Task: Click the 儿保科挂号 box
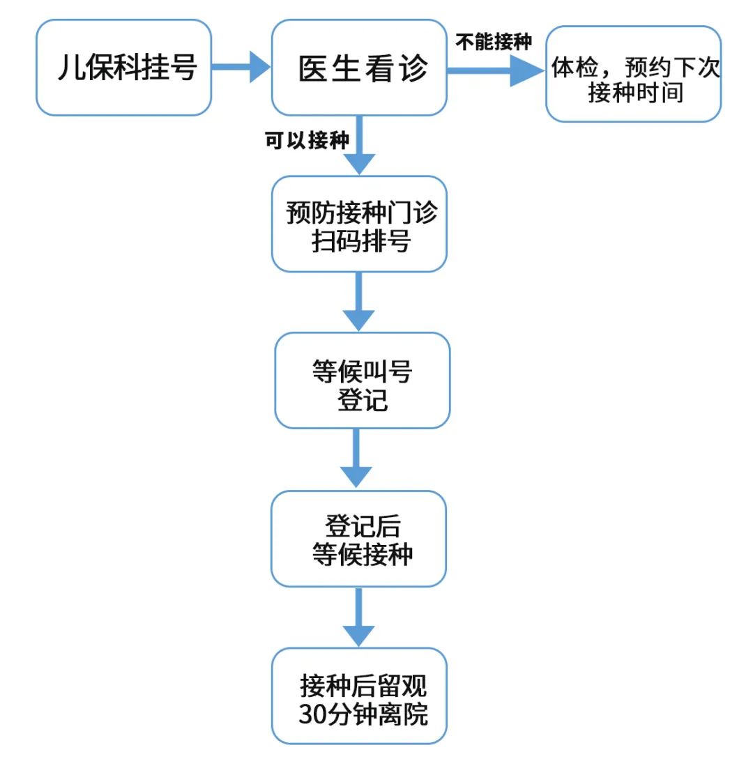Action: pyautogui.click(x=124, y=68)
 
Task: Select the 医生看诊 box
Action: pyautogui.click(x=359, y=68)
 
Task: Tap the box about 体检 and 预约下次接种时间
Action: pyautogui.click(x=633, y=75)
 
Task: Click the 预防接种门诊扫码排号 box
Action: pyautogui.click(x=359, y=224)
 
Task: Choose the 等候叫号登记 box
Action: pyautogui.click(x=362, y=381)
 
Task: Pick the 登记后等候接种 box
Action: pyautogui.click(x=359, y=539)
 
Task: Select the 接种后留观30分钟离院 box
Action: pyautogui.click(x=359, y=696)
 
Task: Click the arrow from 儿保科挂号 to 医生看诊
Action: pyautogui.click(x=241, y=68)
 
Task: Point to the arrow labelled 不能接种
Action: pyautogui.click(x=495, y=70)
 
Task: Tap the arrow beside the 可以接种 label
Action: pyautogui.click(x=359, y=146)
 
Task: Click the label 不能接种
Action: pyautogui.click(x=494, y=42)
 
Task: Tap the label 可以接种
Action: pyautogui.click(x=306, y=140)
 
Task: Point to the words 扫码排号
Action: pyautogui.click(x=360, y=240)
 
